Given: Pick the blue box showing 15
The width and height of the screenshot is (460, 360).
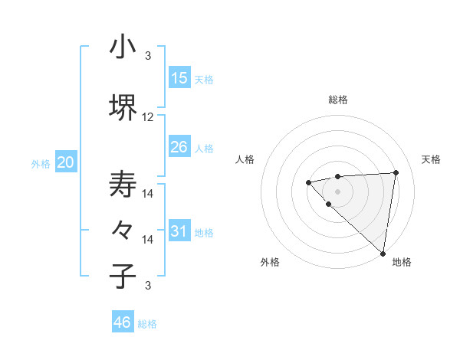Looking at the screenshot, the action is click(x=179, y=78).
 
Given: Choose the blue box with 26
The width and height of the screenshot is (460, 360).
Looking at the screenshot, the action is click(x=179, y=147).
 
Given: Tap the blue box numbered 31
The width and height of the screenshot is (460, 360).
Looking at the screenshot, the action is click(x=179, y=231).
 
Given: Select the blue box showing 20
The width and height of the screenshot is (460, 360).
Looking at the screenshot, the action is click(x=66, y=162).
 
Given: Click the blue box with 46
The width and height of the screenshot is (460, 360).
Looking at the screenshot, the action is click(x=123, y=322).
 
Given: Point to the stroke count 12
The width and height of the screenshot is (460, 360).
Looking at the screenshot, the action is click(x=148, y=117).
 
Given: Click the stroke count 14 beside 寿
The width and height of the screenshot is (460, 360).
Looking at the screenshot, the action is click(x=148, y=194).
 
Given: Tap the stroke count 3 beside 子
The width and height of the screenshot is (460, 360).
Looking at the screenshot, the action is click(x=148, y=286).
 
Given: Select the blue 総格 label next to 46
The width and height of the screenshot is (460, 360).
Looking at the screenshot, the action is click(x=148, y=324).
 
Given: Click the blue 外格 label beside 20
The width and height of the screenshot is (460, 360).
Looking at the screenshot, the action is click(x=41, y=163).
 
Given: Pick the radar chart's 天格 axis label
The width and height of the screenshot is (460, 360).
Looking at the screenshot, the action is click(x=431, y=159).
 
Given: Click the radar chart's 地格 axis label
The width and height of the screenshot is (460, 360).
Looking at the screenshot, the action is click(x=402, y=262).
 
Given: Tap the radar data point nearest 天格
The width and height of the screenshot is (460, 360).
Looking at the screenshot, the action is click(x=396, y=172).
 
